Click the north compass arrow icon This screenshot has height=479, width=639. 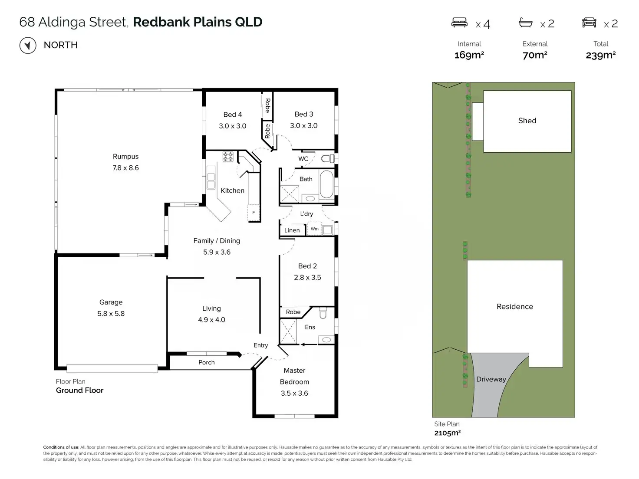click(28, 45)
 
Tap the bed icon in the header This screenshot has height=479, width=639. click(459, 23)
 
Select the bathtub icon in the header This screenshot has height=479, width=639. click(526, 23)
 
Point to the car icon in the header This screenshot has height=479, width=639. click(589, 23)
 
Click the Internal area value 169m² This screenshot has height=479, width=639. click(469, 55)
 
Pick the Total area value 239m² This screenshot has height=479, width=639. click(601, 55)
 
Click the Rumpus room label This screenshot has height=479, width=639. click(125, 157)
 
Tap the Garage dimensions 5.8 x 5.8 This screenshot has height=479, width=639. click(111, 314)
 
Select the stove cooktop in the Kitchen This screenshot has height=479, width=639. click(228, 156)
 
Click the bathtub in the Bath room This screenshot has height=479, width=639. click(326, 184)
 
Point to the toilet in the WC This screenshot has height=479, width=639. click(328, 159)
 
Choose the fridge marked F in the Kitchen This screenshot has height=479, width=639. click(254, 213)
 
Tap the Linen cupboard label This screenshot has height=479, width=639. click(292, 230)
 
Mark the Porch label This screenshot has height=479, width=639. click(207, 362)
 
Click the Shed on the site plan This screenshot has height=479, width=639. click(527, 121)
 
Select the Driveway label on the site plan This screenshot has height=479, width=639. click(491, 379)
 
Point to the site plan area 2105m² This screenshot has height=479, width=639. click(447, 433)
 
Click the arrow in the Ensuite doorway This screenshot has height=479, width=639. click(309, 344)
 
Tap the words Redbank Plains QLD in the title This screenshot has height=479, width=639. click(198, 22)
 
